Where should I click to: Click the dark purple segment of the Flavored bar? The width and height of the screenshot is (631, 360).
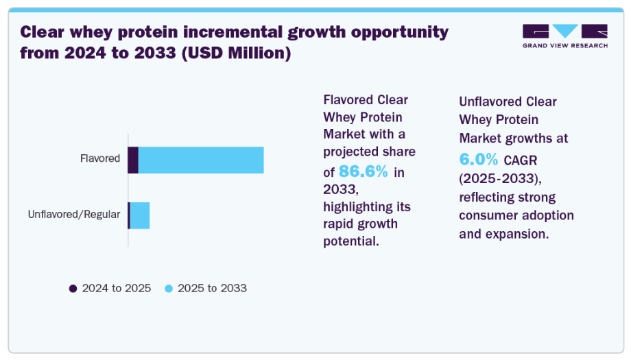133,160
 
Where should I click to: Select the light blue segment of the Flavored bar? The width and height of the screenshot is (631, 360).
201,160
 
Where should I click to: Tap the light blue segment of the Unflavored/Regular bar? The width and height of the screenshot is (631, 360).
140,215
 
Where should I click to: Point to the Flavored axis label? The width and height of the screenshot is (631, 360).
100,158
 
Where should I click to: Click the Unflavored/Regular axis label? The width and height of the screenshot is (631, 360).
74,215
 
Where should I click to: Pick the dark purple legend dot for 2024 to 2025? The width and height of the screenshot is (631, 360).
73,289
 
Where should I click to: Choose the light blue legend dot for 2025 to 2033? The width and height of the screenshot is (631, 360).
169,289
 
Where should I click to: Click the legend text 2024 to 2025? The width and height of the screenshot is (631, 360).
117,289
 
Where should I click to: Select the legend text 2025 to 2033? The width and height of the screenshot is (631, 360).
212,289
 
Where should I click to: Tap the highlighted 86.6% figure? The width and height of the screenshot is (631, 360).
364,171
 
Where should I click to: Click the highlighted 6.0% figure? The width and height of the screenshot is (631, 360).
479,159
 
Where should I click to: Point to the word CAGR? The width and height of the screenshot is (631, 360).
521,160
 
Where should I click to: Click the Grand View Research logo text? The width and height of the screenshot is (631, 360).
565,45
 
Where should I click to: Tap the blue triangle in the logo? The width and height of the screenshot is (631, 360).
565,29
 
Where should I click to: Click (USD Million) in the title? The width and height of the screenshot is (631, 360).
236,53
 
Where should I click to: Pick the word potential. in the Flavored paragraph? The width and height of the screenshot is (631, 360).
351,241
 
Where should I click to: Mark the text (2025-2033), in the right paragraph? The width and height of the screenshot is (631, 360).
500,178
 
